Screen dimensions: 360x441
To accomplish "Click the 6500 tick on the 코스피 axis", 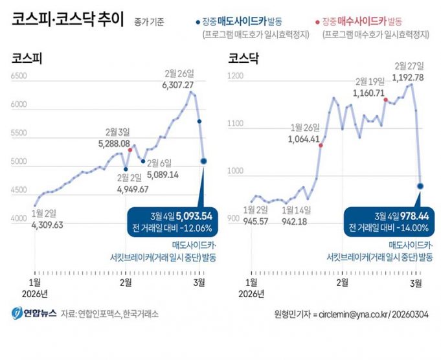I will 19,76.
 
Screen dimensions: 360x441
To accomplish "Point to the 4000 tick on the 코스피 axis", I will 19,220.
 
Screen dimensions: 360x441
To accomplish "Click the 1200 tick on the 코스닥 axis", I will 236,76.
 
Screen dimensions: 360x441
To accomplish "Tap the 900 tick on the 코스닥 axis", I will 234,220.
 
